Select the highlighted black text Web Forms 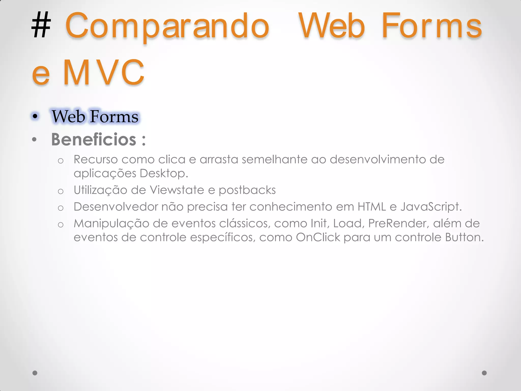pos(95,117)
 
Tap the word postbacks pos(247,190)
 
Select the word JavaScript pos(431,207)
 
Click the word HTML pos(372,207)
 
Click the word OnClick pos(318,238)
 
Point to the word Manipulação pos(111,224)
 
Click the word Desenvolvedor pos(116,207)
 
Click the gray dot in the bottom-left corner pos(35,373)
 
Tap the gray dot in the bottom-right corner pos(484,373)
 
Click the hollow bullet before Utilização pos(61,191)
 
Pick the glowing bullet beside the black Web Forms pos(35,116)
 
